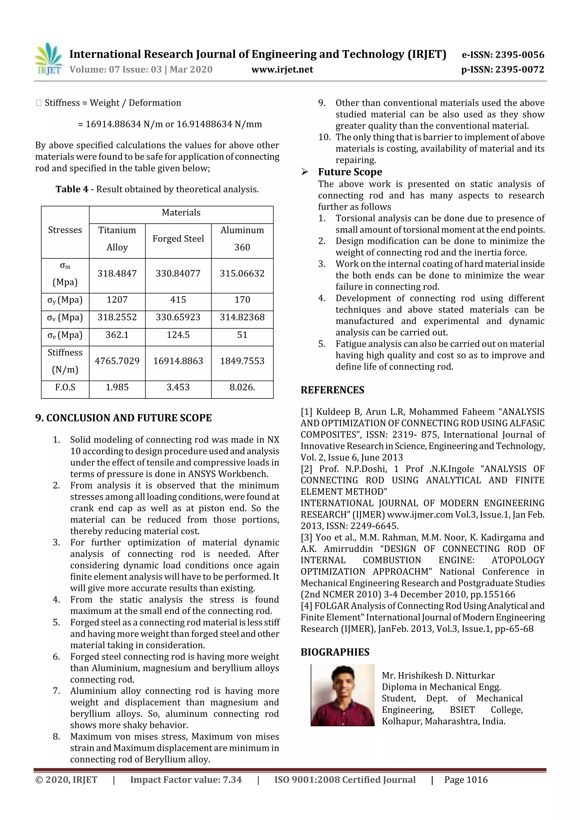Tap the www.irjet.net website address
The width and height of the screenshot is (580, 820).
[x=282, y=70]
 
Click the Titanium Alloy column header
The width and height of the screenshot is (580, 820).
[x=117, y=239]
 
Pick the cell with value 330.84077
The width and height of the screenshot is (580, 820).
[x=178, y=274]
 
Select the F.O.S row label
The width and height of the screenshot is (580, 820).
[x=65, y=387]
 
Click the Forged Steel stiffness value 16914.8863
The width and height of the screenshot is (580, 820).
[x=178, y=361]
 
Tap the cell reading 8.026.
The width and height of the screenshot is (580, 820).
[x=242, y=387]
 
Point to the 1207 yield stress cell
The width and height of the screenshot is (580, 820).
[x=117, y=300]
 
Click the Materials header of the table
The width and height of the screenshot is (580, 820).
[x=181, y=213]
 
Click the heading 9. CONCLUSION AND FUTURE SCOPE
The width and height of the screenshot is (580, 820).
[x=123, y=418]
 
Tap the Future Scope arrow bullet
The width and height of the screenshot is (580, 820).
[x=304, y=172]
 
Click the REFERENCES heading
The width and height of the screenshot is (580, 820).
[x=332, y=390]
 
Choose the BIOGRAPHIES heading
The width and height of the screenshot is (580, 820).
[x=335, y=652]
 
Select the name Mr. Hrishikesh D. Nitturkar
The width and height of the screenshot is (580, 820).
[x=438, y=676]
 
